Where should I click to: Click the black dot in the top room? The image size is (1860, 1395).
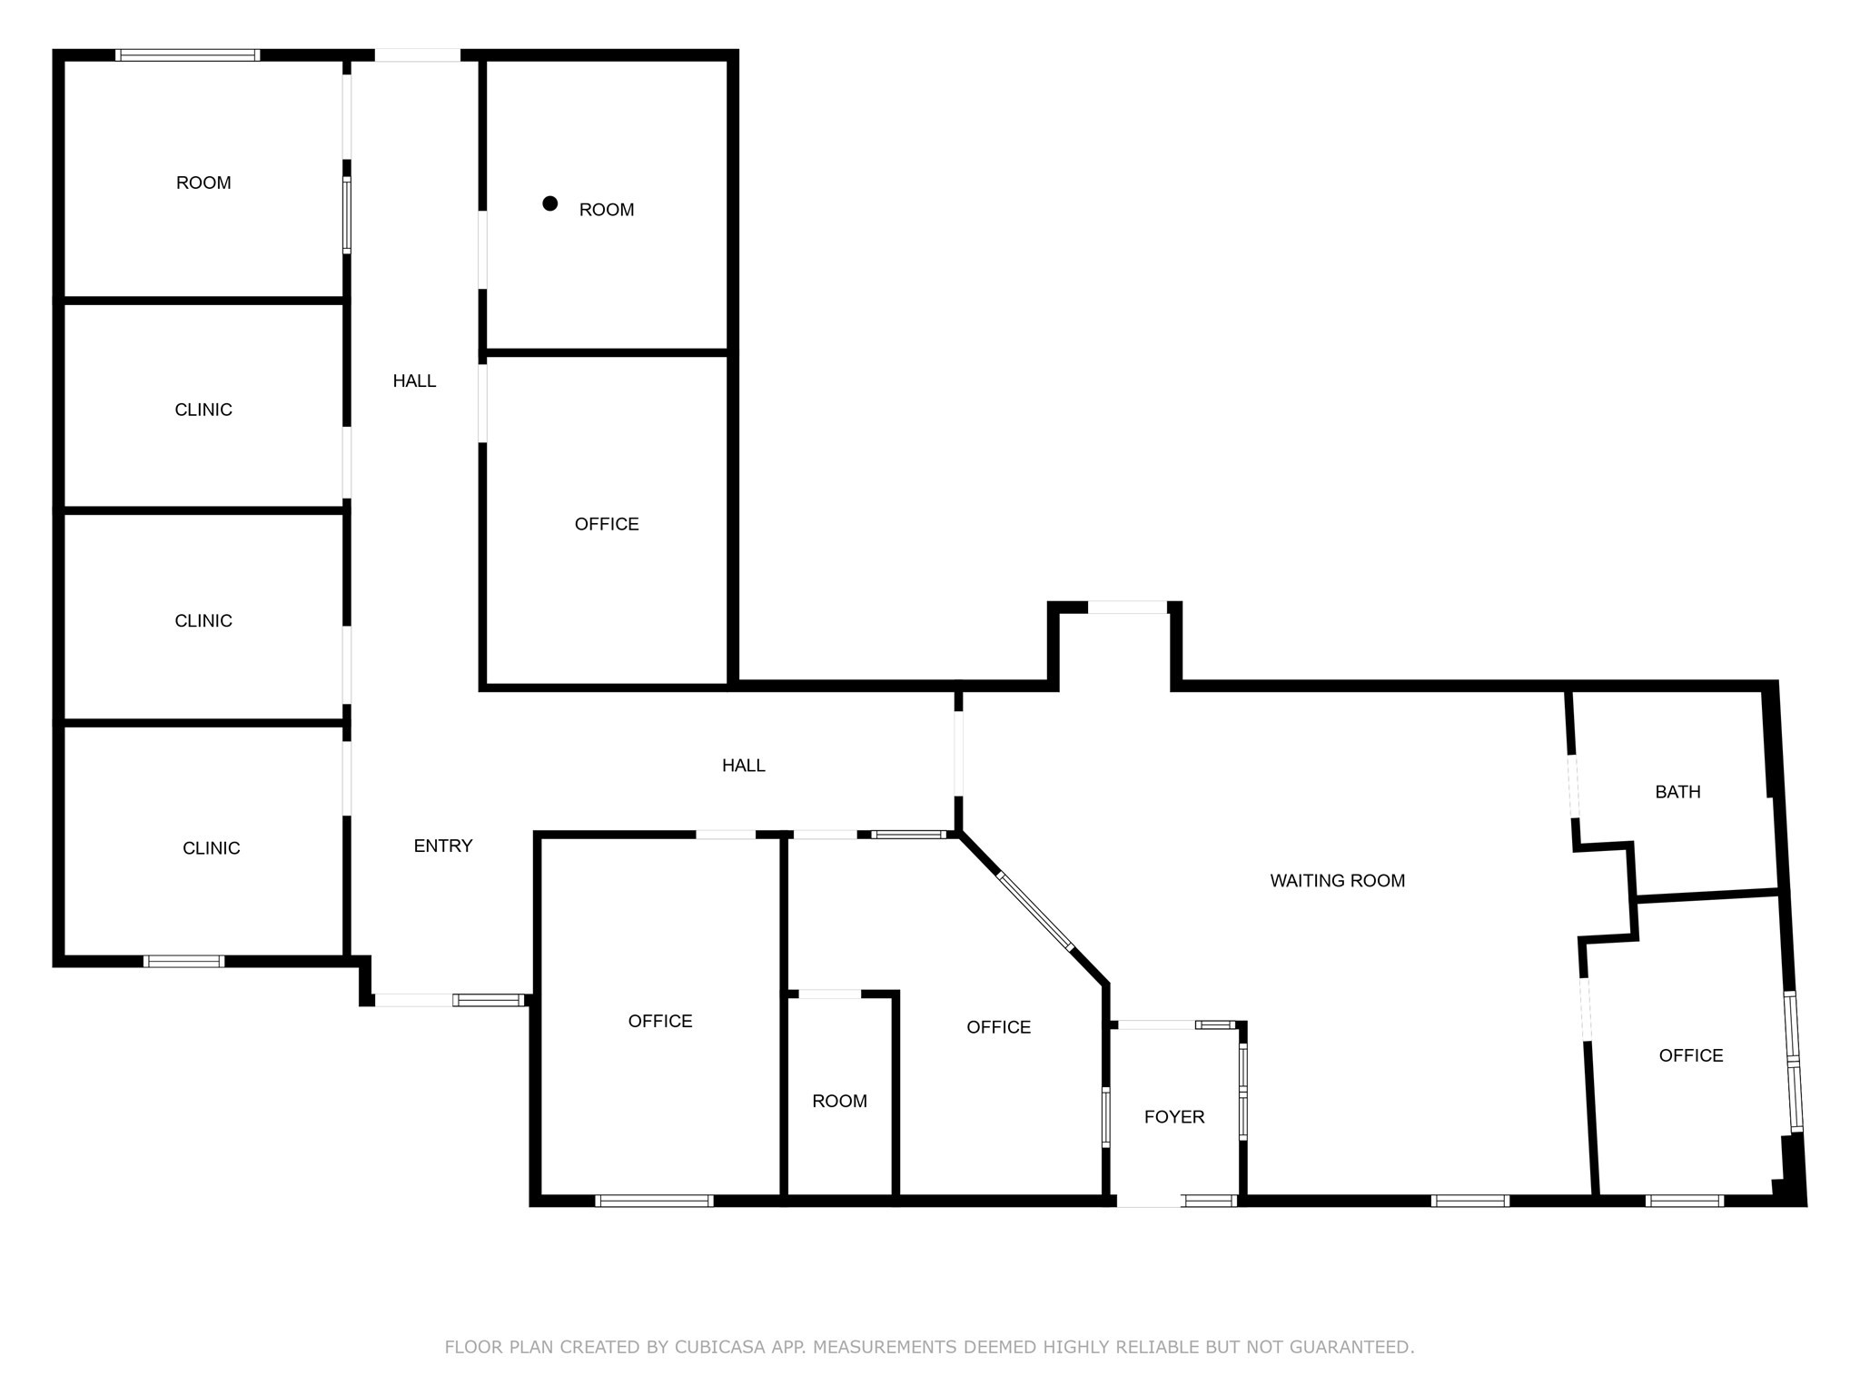549,203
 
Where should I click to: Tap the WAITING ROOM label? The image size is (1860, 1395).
1337,881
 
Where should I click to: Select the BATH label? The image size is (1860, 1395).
1677,792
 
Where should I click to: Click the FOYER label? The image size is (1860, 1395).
1174,1117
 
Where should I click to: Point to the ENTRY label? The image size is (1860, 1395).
443,846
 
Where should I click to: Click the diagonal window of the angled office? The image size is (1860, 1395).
1035,911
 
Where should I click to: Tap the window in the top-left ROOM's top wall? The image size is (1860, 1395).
188,55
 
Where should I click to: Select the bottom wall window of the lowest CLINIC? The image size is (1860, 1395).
183,961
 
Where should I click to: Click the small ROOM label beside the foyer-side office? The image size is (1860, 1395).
839,1102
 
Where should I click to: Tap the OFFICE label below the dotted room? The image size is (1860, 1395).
607,524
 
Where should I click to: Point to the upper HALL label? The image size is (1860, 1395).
414,381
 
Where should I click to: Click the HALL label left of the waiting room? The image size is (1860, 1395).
743,766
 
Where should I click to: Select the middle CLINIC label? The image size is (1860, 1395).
203,621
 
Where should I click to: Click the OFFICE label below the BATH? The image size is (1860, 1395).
1690,1055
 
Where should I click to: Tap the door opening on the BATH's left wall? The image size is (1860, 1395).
1574,787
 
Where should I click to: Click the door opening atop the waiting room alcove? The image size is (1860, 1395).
1127,607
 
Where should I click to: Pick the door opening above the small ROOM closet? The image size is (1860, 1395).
829,994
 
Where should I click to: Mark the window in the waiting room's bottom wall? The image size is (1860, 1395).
1470,1201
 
